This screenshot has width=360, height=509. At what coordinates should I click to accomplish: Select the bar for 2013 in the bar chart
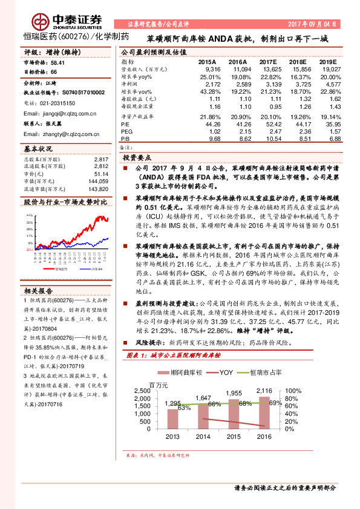pyautogui.click(x=172, y=421)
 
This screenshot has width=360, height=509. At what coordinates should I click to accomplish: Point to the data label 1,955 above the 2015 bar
pyautogui.click(x=234, y=393)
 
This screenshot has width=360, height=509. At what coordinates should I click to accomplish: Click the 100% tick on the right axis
pyautogui.click(x=293, y=391)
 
